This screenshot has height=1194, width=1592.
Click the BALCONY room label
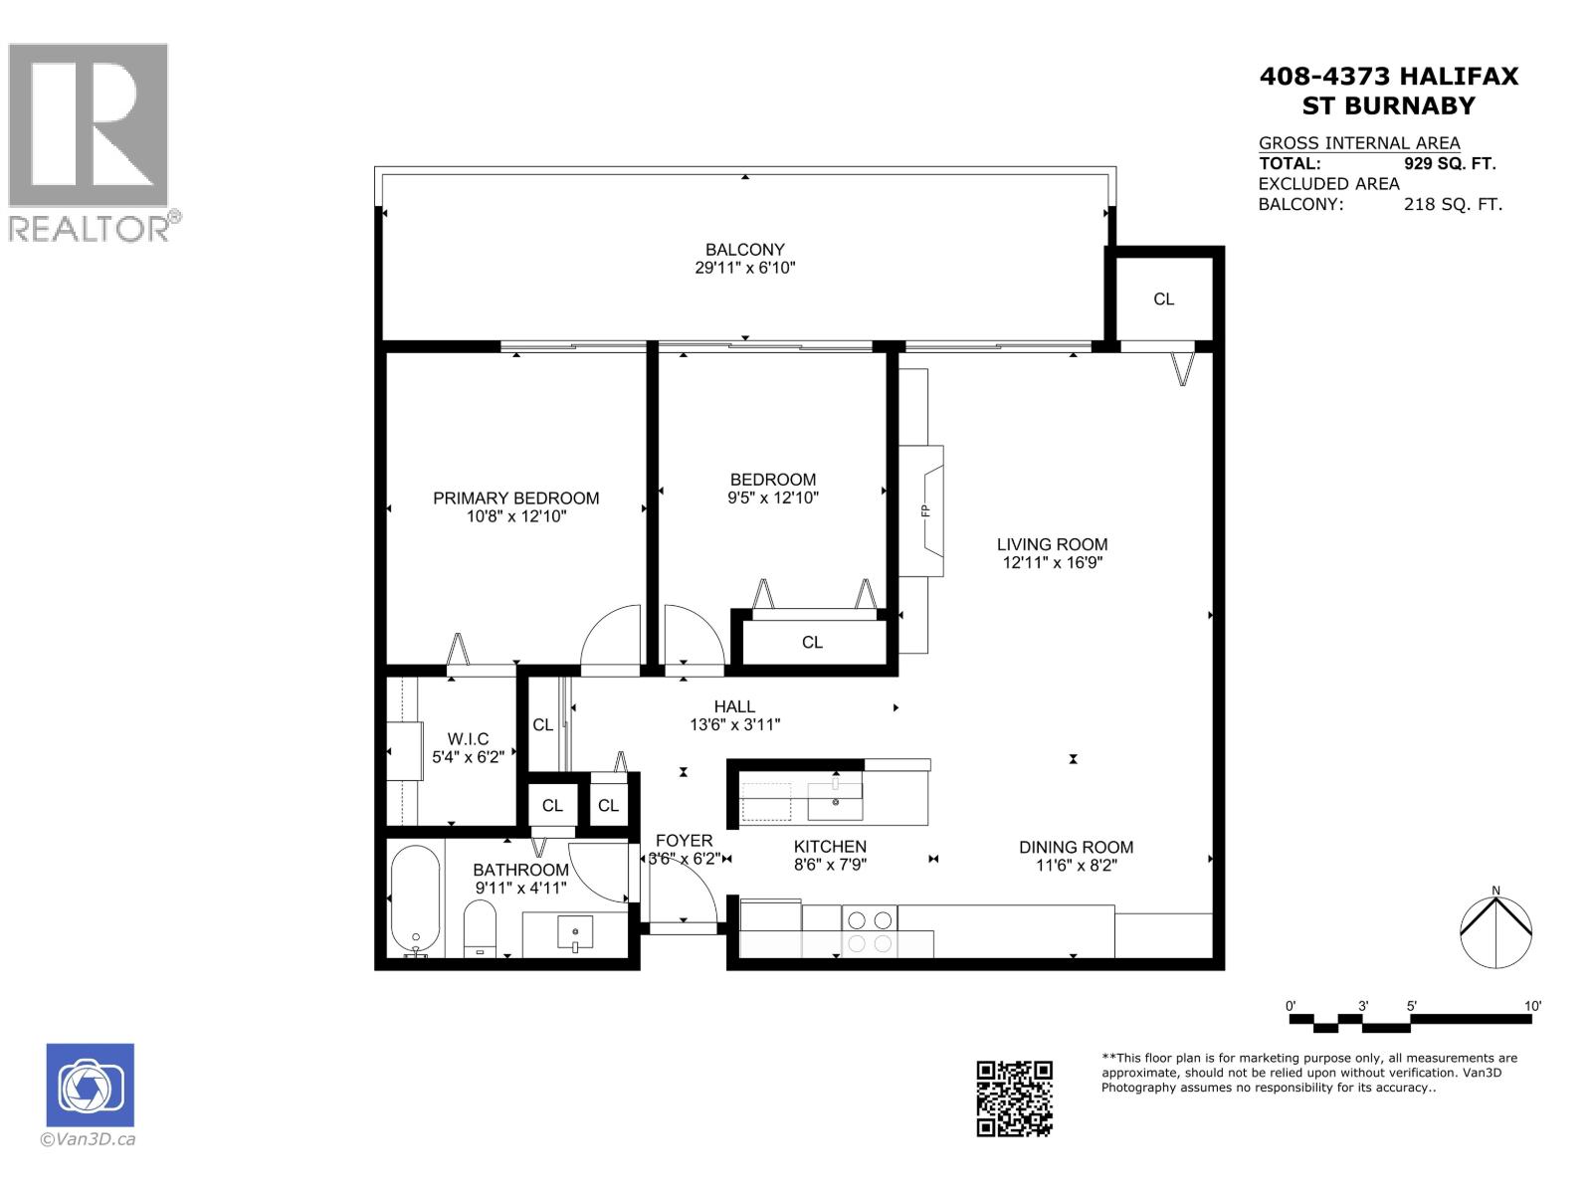click(744, 250)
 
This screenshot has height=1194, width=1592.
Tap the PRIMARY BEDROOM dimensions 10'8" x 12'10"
click(515, 516)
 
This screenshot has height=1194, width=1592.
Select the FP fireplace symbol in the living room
click(924, 510)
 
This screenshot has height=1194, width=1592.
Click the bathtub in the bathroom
click(415, 900)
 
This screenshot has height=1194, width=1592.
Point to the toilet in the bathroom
click(480, 927)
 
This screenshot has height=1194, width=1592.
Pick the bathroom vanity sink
click(574, 933)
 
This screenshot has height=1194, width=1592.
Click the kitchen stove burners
click(869, 931)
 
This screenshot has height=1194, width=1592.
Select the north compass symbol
click(1495, 931)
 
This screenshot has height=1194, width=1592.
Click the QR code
click(1014, 1098)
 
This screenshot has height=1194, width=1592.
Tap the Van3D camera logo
click(90, 1086)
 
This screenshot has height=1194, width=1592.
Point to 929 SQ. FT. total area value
click(1449, 164)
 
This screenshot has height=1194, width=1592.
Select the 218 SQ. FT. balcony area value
click(1452, 205)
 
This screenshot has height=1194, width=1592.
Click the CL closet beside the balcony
click(1163, 298)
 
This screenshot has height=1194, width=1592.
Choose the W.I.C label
click(468, 739)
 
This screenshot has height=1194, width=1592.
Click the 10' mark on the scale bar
click(1531, 1006)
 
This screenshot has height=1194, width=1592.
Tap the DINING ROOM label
click(1076, 848)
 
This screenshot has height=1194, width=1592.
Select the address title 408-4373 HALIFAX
click(1389, 77)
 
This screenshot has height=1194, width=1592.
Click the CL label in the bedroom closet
click(812, 643)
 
